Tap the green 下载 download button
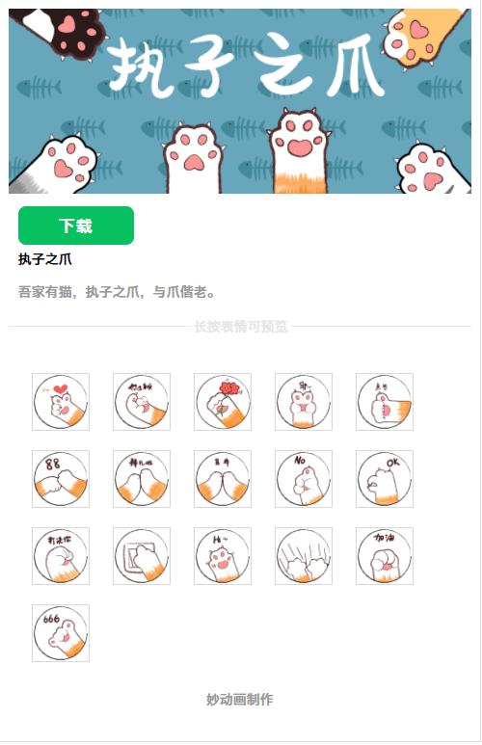76,226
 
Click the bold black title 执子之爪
45,259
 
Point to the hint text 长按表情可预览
241,327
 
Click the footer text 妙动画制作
240,699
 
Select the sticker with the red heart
61,402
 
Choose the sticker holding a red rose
223,402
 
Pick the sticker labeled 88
61,479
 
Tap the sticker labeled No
304,479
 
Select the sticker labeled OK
385,479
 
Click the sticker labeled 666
61,633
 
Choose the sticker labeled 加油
385,556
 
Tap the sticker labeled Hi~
223,556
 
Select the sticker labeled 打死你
61,556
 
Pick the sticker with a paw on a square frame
142,556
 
